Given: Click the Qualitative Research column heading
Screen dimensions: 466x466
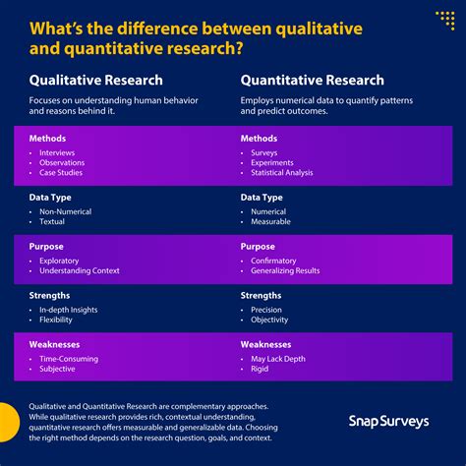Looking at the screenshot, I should [95, 81].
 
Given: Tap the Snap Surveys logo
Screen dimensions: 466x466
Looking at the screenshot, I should [388, 421].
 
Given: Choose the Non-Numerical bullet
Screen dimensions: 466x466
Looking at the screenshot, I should [67, 211].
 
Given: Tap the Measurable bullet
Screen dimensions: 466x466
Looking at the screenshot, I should [270, 221].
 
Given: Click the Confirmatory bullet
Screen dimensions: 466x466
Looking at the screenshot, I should [273, 261].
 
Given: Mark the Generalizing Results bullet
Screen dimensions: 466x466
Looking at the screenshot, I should [286, 270].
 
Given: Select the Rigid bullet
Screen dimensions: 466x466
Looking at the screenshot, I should [260, 369].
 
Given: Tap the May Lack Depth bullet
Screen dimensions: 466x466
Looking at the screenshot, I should [278, 359].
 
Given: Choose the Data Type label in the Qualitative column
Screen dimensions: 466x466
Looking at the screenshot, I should [51, 197].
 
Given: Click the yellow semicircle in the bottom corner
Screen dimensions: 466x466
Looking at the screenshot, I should [8, 423].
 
